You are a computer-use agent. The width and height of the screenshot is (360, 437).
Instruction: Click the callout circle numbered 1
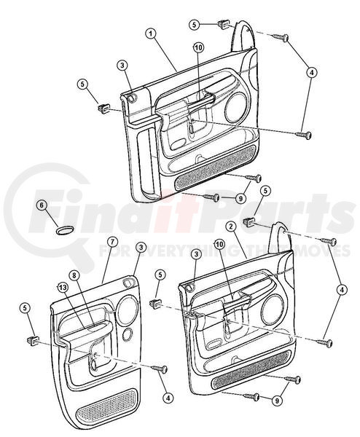coord(151,34)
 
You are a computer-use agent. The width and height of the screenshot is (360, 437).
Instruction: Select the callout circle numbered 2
coord(231,227)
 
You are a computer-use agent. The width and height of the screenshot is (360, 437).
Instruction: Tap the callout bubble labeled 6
coord(42,205)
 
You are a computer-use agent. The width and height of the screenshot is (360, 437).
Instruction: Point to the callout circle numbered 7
coord(111,243)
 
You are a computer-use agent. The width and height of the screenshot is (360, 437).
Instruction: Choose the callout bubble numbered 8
coord(74,275)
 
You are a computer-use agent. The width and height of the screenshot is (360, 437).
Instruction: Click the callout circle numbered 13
coord(63,288)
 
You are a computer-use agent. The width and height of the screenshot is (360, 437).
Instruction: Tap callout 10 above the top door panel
coord(198,47)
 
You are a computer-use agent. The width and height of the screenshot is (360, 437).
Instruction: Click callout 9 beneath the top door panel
coord(240,198)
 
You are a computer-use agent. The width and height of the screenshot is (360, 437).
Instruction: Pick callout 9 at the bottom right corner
coord(277,401)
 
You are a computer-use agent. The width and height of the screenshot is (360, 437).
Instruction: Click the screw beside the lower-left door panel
coord(160,369)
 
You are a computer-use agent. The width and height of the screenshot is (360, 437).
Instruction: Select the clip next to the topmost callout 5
coord(223,23)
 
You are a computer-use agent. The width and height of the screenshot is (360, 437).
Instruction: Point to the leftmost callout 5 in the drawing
coord(25,308)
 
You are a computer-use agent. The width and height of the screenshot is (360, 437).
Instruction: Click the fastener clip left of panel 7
coord(33,340)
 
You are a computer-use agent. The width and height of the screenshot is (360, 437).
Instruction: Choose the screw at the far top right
coord(281,37)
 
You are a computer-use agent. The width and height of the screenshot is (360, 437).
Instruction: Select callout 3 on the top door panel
coord(122,66)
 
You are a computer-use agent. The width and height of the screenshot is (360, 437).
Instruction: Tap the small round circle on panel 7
coord(128,334)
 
